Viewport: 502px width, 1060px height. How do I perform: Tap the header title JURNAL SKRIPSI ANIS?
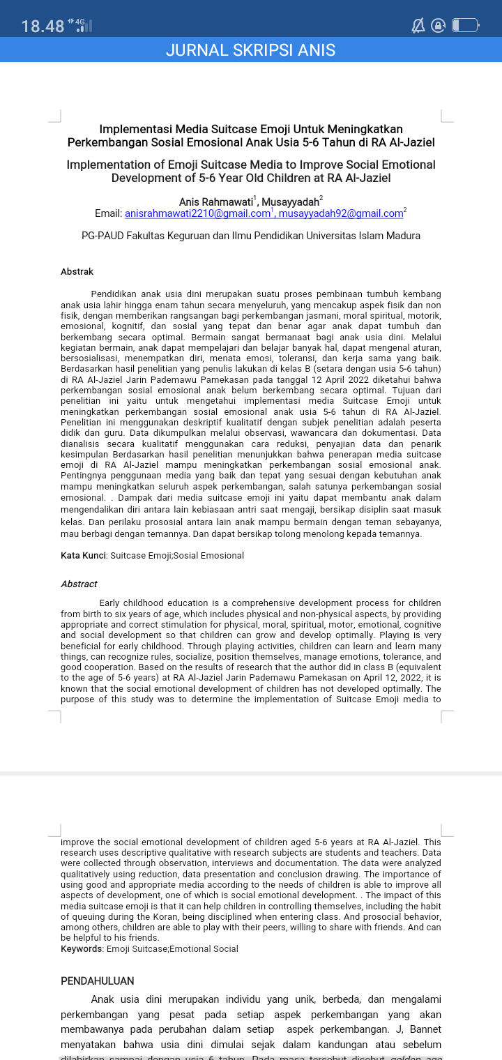[x=250, y=50]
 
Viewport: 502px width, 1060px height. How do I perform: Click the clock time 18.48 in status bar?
[x=43, y=26]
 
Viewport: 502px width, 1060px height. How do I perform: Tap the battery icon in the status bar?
[x=465, y=26]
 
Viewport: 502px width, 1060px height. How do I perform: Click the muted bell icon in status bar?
[x=418, y=26]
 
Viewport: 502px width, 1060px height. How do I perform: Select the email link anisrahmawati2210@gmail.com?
[x=197, y=213]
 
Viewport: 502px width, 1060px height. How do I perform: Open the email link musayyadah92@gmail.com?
[x=346, y=213]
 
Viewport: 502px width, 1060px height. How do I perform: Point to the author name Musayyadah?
[x=289, y=202]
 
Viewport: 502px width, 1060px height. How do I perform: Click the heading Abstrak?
[x=77, y=271]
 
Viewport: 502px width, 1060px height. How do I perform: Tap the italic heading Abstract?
[x=79, y=584]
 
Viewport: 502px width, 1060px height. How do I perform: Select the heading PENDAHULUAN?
[x=97, y=980]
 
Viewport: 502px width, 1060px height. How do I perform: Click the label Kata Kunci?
[x=83, y=556]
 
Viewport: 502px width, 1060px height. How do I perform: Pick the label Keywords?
[x=81, y=948]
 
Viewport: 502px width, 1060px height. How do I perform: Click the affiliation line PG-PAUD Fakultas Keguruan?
[x=250, y=236]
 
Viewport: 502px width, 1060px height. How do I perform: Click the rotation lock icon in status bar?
[x=439, y=26]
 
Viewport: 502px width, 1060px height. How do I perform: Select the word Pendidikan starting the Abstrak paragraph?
[x=116, y=294]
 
